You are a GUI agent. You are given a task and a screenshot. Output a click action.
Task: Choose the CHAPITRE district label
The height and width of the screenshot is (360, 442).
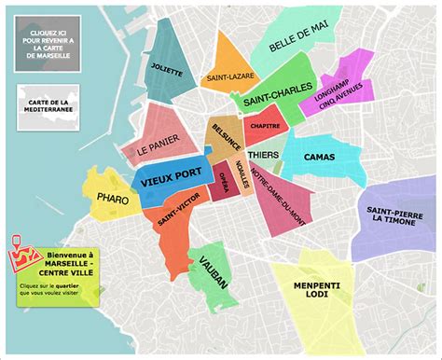267,126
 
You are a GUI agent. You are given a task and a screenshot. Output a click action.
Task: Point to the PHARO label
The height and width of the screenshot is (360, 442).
113,198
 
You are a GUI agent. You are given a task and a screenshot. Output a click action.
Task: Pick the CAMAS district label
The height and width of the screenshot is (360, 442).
319,158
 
